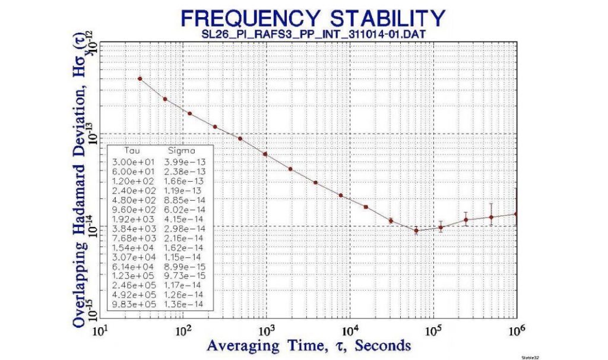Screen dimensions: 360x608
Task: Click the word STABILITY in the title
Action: pyautogui.click(x=380, y=17)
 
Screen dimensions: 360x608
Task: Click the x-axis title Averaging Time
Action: pyautogui.click(x=309, y=345)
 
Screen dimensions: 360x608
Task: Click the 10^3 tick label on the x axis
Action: pyautogui.click(x=266, y=330)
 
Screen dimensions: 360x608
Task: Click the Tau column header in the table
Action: pyautogui.click(x=125, y=151)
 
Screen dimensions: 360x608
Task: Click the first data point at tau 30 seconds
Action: pyautogui.click(x=140, y=78)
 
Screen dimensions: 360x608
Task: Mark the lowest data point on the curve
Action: pyautogui.click(x=416, y=230)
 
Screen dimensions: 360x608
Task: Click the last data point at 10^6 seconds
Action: pyautogui.click(x=517, y=214)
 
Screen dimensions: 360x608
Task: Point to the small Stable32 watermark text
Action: pyautogui.click(x=530, y=357)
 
